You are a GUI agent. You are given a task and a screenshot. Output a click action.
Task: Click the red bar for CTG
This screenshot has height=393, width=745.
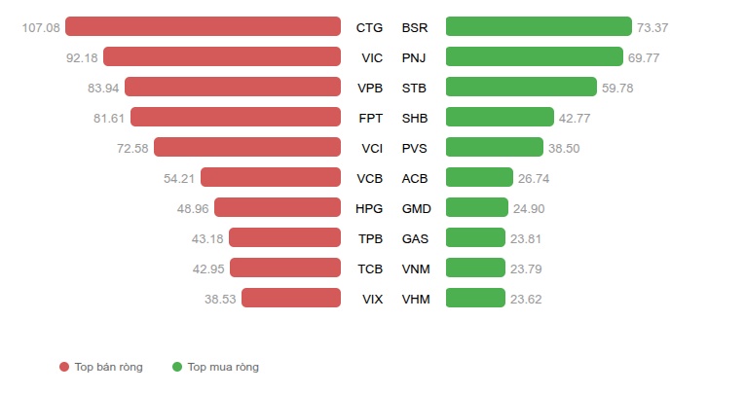click(203, 26)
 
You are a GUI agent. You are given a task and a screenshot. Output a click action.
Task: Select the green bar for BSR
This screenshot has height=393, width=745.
click(539, 26)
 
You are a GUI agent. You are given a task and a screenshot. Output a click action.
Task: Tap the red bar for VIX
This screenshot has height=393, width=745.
click(291, 298)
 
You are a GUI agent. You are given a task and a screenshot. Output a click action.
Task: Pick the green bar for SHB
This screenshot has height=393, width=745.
click(500, 118)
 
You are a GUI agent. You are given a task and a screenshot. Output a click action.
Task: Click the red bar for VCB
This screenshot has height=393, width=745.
click(271, 177)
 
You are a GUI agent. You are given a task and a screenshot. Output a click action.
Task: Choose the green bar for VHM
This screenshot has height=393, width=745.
click(475, 298)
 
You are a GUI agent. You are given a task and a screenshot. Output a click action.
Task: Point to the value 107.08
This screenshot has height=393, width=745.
click(41, 28)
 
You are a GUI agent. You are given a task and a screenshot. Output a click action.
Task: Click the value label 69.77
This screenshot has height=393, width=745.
click(644, 58)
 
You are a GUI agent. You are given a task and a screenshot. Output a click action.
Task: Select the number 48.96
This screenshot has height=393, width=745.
click(193, 209)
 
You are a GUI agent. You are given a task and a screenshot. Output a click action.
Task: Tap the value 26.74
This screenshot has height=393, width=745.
click(534, 178)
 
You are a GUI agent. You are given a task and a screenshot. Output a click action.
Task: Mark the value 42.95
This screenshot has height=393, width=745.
click(208, 269)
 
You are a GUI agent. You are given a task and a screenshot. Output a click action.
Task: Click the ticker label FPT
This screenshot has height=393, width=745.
click(371, 118)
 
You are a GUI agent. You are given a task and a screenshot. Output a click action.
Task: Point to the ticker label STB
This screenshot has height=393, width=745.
click(414, 89)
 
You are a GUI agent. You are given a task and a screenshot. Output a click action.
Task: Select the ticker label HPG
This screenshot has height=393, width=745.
click(369, 209)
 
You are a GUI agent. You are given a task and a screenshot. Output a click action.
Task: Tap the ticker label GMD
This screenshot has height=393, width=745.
click(416, 209)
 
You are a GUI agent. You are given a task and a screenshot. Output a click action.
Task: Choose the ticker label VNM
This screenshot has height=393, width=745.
click(416, 269)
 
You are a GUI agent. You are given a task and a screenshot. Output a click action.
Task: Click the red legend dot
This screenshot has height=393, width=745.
click(64, 367)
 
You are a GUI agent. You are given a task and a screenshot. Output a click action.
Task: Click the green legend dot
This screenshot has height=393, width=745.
click(177, 367)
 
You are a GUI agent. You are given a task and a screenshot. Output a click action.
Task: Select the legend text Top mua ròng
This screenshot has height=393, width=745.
click(223, 367)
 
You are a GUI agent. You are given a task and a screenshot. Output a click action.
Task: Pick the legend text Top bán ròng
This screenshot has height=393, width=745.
click(109, 367)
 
